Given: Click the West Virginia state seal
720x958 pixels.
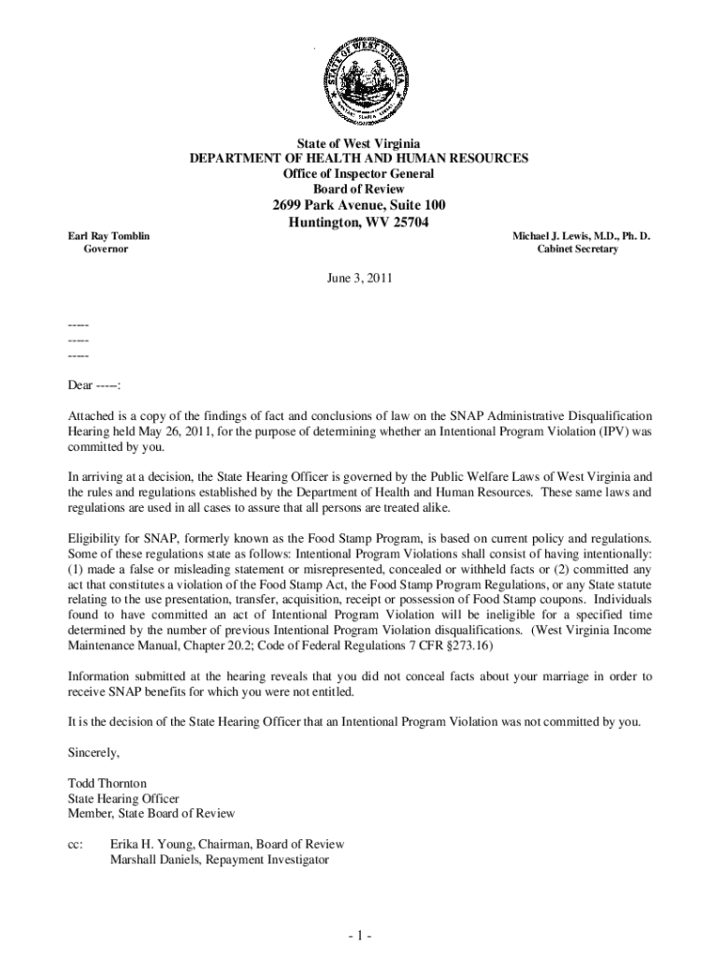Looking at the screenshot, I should click(359, 79).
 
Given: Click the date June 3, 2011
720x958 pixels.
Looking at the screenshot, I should click(359, 279).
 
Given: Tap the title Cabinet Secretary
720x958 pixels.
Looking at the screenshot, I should click(577, 250).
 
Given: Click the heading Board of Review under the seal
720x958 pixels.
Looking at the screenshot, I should click(359, 188).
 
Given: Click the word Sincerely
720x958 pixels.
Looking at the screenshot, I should click(94, 751).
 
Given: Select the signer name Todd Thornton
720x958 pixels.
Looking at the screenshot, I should click(108, 782).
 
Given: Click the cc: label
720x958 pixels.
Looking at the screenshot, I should click(77, 844).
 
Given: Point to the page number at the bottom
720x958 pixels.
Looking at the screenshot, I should click(359, 936).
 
